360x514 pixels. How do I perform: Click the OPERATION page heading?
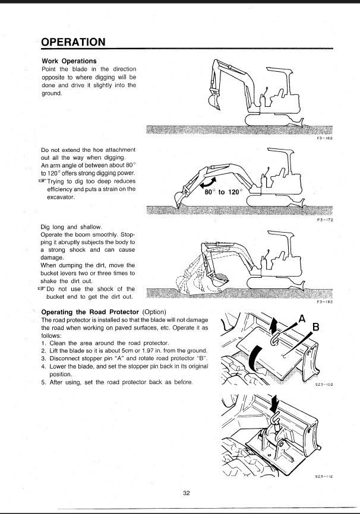[74, 42]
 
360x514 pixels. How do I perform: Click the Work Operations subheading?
[69, 61]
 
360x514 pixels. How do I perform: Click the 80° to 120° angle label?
[225, 192]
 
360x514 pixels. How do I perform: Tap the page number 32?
[187, 494]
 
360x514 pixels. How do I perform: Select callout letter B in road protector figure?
[315, 327]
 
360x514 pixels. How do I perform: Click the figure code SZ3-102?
[323, 385]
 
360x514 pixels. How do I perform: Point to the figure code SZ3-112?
[323, 476]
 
